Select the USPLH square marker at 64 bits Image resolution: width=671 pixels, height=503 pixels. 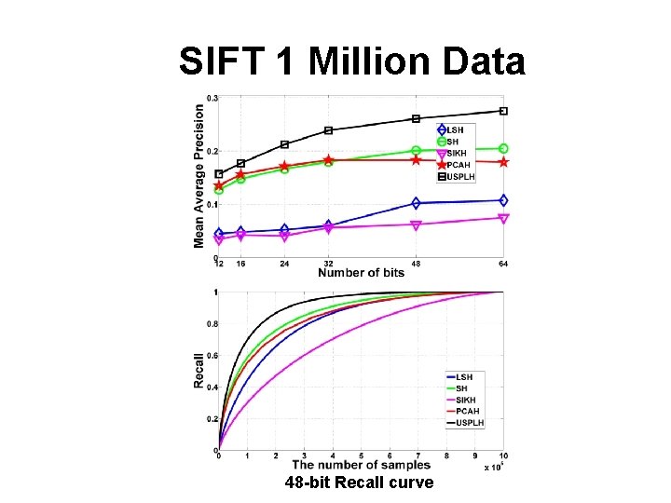point(503,111)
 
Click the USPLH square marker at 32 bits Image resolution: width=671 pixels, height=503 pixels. point(328,130)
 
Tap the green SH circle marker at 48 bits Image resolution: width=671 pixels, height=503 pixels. point(416,150)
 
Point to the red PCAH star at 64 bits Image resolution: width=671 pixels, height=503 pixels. point(503,162)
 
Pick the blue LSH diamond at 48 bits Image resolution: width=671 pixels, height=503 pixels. point(416,203)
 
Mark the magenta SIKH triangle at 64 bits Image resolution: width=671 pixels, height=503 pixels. point(503,218)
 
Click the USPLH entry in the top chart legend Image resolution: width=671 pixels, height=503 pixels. point(459,176)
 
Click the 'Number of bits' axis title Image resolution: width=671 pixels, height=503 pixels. point(361,273)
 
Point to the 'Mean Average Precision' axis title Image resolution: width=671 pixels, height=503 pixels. point(199,175)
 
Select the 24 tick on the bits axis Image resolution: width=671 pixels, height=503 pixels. point(284,265)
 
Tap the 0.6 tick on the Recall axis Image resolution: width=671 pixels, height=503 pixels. point(212,356)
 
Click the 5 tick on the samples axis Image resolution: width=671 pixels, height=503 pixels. point(361,456)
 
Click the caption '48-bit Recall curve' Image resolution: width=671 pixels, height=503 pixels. point(360,483)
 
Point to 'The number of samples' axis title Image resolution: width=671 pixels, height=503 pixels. point(362,465)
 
